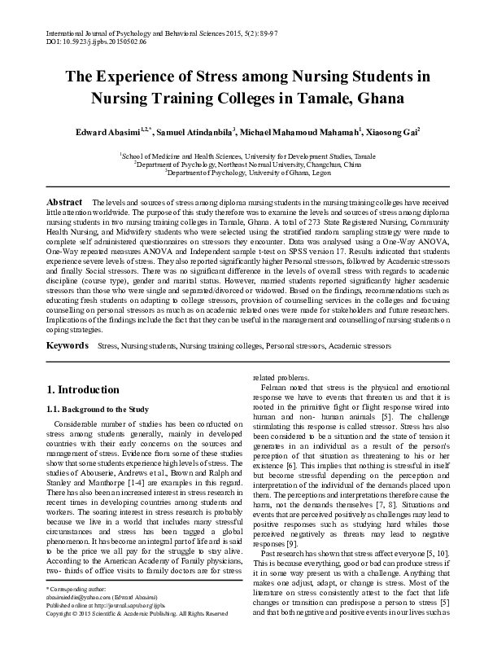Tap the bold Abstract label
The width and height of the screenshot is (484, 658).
coord(64,201)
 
